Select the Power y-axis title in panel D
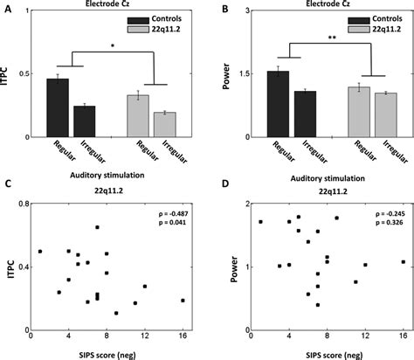pyautogui.click(x=223, y=265)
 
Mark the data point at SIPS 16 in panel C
pyautogui.click(x=183, y=300)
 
